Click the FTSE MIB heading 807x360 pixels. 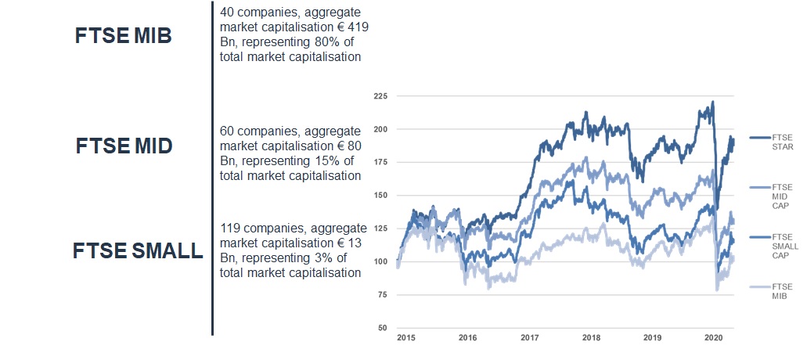123,36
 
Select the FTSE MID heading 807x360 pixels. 124,146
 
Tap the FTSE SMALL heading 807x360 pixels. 137,251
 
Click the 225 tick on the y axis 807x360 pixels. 380,96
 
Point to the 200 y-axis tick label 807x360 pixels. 380,129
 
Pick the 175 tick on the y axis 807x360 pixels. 380,162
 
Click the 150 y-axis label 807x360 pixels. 380,195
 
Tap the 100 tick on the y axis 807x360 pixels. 380,261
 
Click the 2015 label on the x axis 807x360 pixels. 405,338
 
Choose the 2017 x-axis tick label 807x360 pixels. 530,338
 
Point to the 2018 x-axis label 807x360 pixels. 591,338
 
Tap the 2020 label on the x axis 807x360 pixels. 714,338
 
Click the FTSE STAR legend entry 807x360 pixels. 781,142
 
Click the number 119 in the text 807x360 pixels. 232,228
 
